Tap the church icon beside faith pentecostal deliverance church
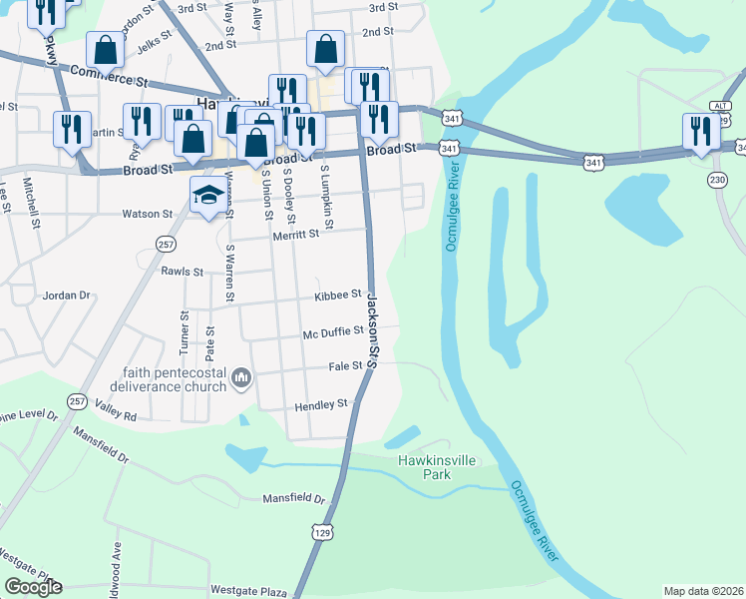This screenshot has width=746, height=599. pos(241,378)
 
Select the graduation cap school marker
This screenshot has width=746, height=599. pos(209,196)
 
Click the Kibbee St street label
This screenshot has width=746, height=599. pos(337,295)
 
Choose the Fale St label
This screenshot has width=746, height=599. pos(345,366)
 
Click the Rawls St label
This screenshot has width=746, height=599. pos(182,271)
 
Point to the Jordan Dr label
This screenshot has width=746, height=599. pos(66,296)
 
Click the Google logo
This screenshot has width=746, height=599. pos(33,587)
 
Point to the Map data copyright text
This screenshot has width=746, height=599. pos(703,591)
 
